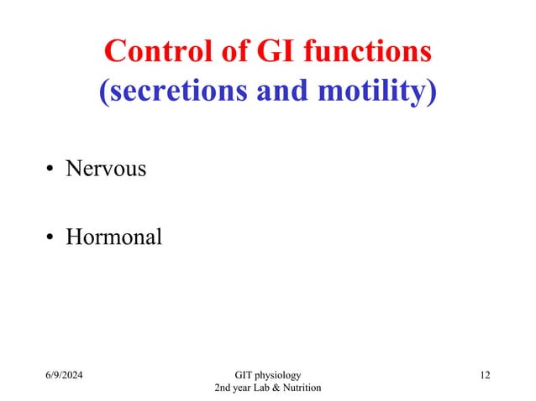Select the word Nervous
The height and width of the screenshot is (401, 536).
(106, 169)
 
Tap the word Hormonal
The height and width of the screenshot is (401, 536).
(113, 237)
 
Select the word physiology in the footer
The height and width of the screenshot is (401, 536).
(281, 374)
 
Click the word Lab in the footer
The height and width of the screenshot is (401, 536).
(267, 387)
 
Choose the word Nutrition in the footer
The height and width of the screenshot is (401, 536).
(304, 387)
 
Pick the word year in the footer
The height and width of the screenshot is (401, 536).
(245, 388)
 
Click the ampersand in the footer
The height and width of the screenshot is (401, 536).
(281, 387)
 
